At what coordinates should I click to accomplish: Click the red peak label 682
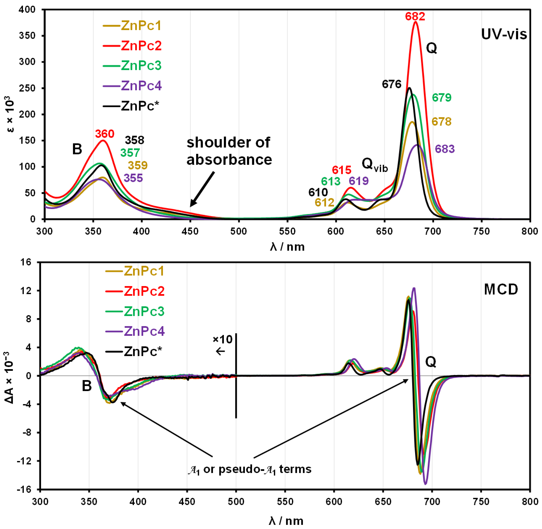pyautogui.click(x=415, y=16)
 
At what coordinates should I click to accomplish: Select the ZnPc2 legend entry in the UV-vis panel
pyautogui.click(x=141, y=46)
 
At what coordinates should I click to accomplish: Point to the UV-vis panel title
pyautogui.click(x=504, y=34)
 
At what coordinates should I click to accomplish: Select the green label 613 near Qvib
pyautogui.click(x=331, y=181)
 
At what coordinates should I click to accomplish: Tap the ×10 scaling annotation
pyautogui.click(x=222, y=339)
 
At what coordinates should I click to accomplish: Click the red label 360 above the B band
pyautogui.click(x=105, y=134)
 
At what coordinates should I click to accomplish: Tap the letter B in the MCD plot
pyautogui.click(x=87, y=386)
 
